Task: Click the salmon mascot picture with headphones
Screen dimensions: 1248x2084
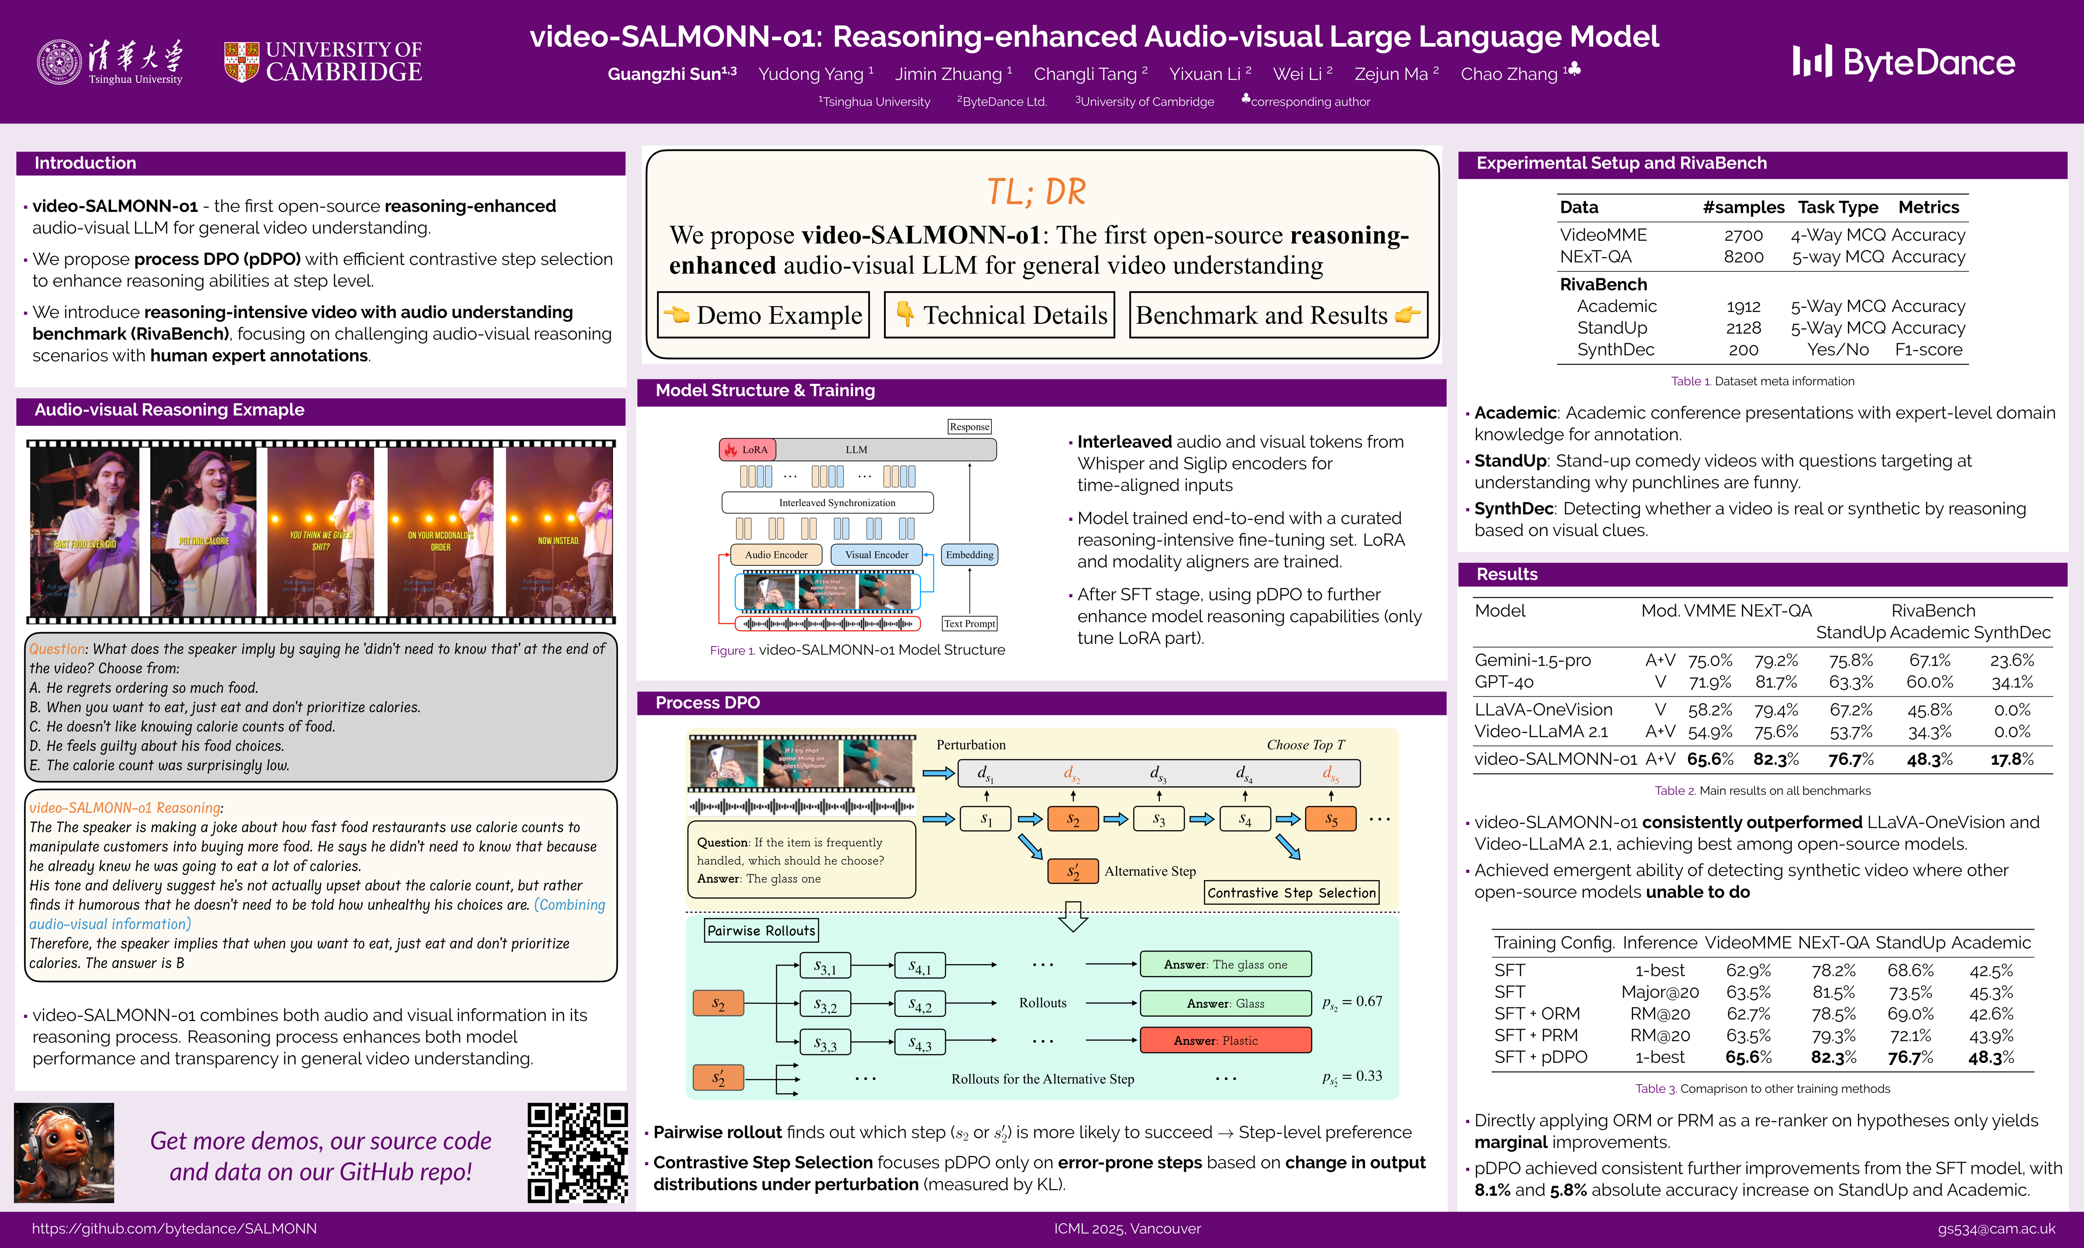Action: tap(64, 1152)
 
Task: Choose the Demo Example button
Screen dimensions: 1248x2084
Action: tap(763, 315)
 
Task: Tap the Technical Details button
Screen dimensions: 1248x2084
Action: tap(999, 315)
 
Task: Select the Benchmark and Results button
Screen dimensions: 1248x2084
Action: tap(1278, 315)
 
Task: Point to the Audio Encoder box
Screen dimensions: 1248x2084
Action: tap(776, 555)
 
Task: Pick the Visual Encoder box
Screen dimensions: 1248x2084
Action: tap(876, 555)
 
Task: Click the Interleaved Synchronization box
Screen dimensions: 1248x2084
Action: tap(828, 503)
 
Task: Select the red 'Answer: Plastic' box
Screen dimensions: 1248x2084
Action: tap(1225, 1040)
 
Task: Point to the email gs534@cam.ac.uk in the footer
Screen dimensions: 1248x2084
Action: tap(1996, 1228)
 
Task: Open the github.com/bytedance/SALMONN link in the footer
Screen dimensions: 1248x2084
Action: tap(174, 1228)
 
